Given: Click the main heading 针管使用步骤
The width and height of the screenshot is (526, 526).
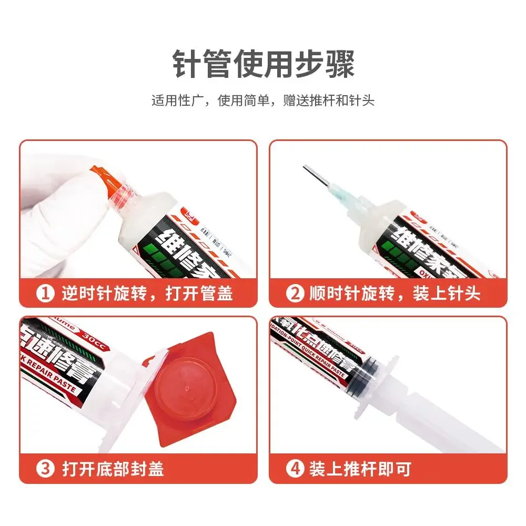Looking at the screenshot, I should (x=263, y=64).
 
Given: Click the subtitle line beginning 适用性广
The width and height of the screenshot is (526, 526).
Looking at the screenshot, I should (x=263, y=100).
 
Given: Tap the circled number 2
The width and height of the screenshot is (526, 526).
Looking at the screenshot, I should (x=295, y=293).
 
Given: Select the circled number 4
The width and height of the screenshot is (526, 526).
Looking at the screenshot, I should (x=295, y=469).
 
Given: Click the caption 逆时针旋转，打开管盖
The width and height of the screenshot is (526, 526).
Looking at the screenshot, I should (x=147, y=293).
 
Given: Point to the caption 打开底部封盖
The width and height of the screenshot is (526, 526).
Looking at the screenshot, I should (x=113, y=469).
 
